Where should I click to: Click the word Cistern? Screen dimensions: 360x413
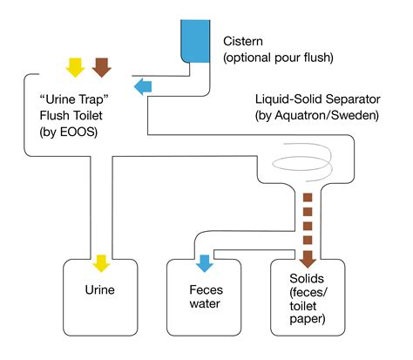point(244,41)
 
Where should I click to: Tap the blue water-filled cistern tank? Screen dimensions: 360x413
point(195,40)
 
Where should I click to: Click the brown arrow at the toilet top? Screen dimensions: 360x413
point(102,66)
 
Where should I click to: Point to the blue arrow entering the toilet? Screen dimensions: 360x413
point(144,85)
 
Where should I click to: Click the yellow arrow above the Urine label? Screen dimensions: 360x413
point(101,262)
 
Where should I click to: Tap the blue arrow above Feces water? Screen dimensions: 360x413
point(205,262)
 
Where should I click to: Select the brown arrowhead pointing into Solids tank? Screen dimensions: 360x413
point(307,260)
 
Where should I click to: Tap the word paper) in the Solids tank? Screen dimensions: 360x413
point(305,320)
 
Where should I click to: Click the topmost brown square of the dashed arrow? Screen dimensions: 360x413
point(307,195)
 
